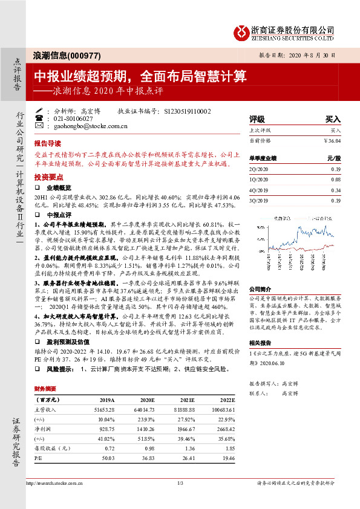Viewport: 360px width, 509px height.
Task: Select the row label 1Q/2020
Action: [259, 180]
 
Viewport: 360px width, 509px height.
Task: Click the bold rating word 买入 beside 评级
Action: [333, 119]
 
